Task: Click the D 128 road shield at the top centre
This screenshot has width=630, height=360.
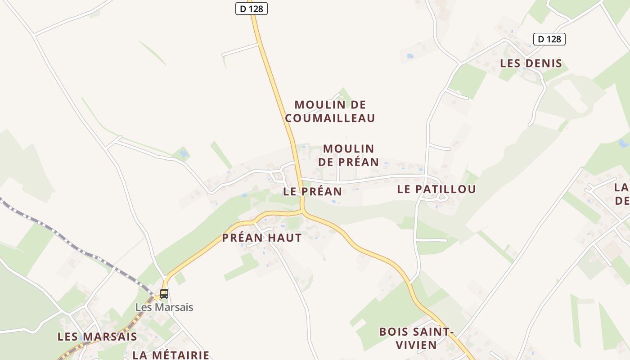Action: coord(252,9)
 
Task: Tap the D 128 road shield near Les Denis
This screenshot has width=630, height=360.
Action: coord(549,39)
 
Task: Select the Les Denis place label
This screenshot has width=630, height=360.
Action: coord(531,63)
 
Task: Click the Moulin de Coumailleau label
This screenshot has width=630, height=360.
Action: coord(330,112)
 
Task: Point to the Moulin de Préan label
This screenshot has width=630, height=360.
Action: coord(348,155)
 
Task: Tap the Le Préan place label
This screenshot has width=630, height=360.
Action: coord(312,192)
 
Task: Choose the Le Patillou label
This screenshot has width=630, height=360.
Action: coord(436,189)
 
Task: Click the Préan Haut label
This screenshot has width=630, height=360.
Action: coord(262,238)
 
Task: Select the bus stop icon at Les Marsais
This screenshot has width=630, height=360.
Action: coord(164,294)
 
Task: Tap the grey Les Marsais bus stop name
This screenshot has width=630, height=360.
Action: coord(164,308)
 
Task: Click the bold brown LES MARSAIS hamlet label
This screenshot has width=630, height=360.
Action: coord(97,337)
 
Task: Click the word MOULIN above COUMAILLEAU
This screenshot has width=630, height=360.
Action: coord(330,105)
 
